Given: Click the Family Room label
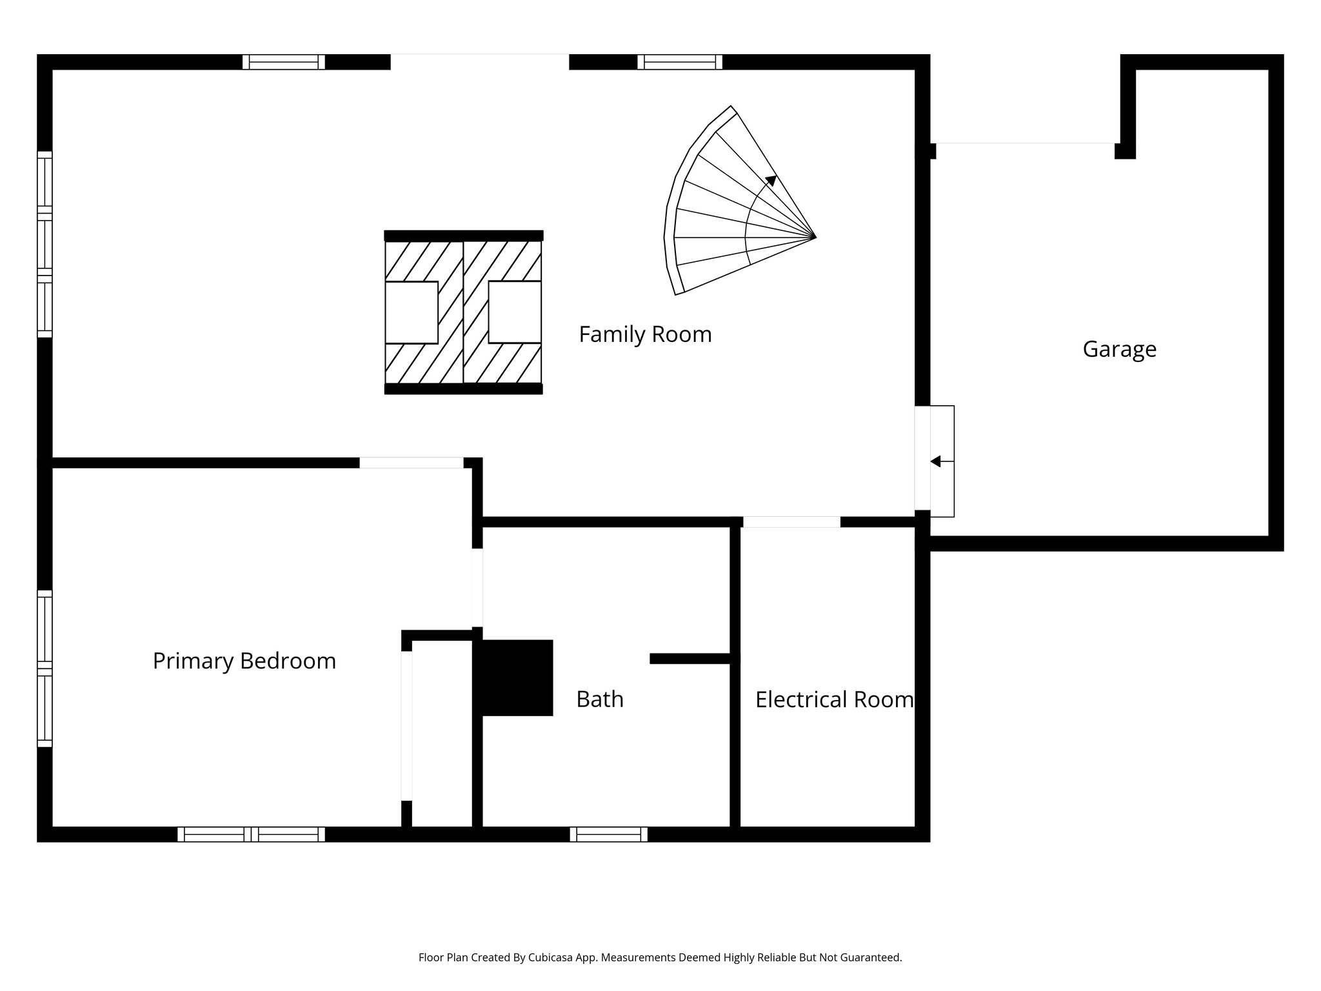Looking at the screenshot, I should (645, 334).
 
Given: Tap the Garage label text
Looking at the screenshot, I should (1119, 349).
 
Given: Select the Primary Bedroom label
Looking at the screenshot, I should (244, 661).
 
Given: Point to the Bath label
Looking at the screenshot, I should (599, 699).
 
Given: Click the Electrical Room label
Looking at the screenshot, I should (834, 699).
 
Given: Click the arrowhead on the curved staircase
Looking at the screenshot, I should (771, 180).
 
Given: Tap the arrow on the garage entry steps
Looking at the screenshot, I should (936, 461).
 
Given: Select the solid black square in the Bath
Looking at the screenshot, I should (515, 677).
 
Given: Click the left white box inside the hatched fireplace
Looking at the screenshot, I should (412, 312).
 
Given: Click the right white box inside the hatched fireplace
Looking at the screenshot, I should (515, 312).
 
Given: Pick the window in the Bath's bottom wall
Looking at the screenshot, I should (608, 834).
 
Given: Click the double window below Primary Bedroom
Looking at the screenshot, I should (251, 834).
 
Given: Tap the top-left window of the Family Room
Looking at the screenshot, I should (283, 62).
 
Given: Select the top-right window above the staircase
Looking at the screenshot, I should (679, 62).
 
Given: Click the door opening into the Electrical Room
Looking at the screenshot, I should (791, 522).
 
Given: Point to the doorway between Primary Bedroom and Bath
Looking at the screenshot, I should (477, 587).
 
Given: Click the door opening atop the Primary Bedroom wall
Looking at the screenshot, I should (411, 463).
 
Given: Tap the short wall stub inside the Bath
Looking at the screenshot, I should (690, 659).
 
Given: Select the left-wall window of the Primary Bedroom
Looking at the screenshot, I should (45, 668).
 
